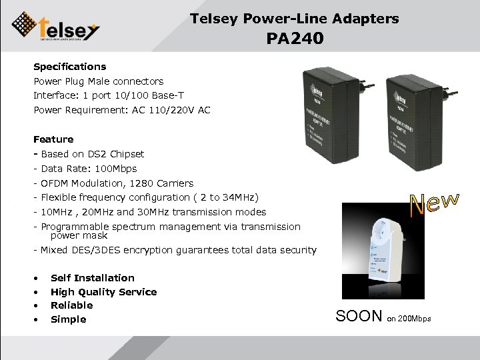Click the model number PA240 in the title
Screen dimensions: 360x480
(295, 39)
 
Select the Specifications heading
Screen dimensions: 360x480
(70, 67)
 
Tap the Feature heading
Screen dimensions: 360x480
(53, 139)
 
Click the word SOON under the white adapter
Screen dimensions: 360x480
(359, 317)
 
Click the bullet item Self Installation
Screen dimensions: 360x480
(93, 278)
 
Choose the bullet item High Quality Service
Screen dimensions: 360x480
(103, 292)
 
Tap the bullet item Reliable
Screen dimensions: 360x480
(71, 305)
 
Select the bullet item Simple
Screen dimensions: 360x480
(68, 319)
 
